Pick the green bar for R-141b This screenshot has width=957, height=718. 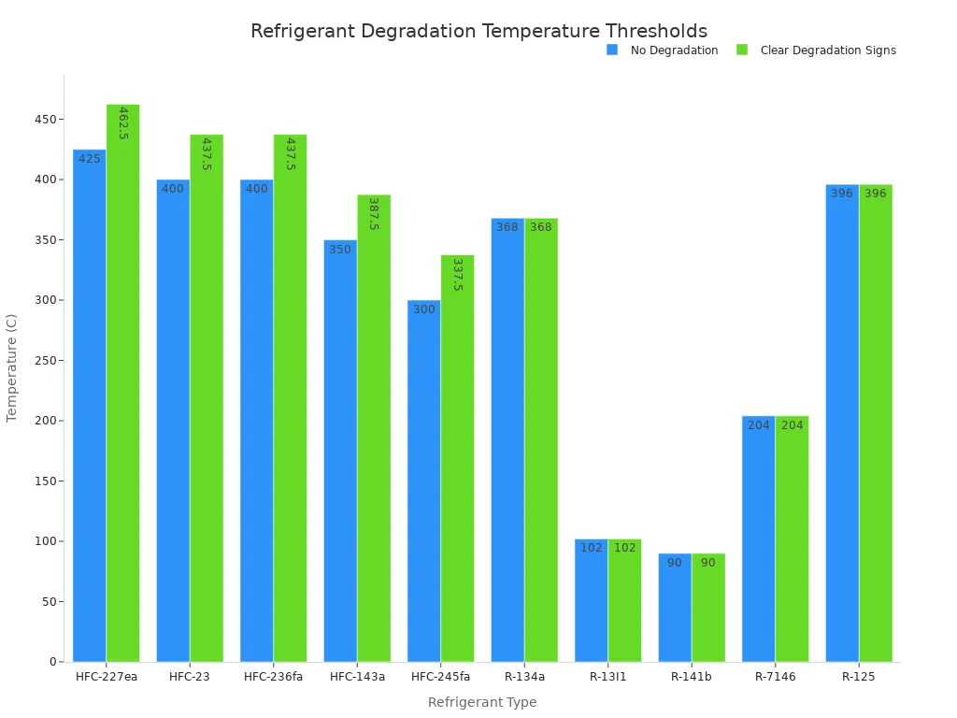click(708, 608)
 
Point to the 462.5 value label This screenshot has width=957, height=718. click(123, 122)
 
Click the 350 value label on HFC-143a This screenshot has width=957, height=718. click(340, 250)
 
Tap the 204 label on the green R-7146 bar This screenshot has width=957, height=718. click(792, 425)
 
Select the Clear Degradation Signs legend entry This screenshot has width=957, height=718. click(827, 50)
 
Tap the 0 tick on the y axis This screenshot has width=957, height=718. click(54, 662)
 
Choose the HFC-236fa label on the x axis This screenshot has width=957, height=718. click(273, 677)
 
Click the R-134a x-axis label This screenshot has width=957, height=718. click(524, 677)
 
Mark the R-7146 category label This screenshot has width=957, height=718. click(775, 677)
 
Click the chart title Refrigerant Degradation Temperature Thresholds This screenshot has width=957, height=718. click(478, 31)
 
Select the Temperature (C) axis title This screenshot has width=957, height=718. click(12, 367)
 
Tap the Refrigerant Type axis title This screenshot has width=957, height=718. click(482, 702)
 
